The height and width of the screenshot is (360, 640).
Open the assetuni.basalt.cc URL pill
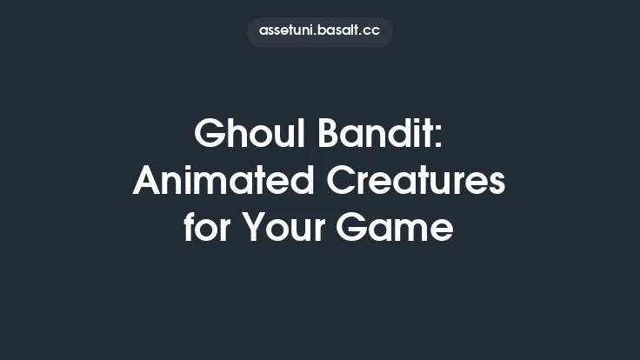tap(319, 31)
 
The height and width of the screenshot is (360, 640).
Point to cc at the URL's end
tap(371, 31)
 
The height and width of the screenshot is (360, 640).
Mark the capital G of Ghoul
tap(209, 134)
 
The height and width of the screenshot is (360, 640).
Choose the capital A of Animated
tap(147, 182)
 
